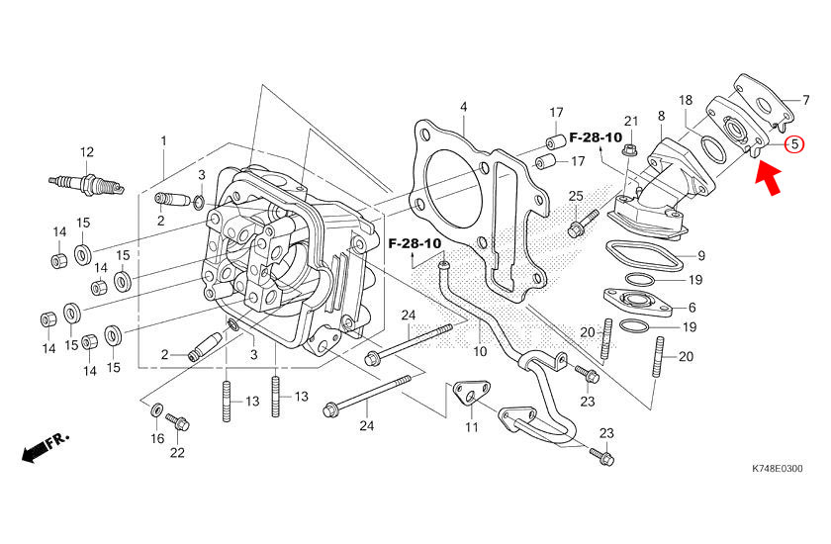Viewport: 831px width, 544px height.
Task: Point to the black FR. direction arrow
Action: (43, 448)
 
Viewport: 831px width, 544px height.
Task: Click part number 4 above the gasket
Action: (463, 106)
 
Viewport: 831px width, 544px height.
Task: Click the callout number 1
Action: (164, 141)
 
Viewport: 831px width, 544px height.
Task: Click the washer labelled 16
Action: (156, 409)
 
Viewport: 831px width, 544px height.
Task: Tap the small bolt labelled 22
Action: (179, 423)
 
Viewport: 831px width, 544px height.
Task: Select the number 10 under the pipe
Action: (480, 351)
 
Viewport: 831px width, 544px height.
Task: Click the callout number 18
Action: (686, 101)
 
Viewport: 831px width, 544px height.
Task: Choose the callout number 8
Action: (661, 118)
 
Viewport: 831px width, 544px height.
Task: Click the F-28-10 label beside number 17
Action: (596, 136)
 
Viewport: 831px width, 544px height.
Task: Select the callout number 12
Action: (87, 151)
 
